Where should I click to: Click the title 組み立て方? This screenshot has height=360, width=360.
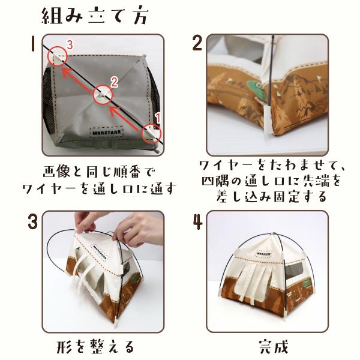(94, 17)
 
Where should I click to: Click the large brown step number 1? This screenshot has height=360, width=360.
(33, 44)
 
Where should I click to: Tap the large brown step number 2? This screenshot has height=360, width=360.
(197, 43)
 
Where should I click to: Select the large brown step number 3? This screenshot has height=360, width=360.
(32, 221)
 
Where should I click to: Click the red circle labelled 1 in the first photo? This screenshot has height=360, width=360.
(151, 133)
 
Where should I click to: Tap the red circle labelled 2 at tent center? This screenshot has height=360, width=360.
(103, 95)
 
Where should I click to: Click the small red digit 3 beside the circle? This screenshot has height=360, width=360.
(70, 45)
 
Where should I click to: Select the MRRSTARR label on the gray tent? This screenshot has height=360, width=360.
(107, 132)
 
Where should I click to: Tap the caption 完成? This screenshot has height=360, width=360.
(273, 347)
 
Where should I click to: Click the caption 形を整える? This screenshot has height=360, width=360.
(95, 346)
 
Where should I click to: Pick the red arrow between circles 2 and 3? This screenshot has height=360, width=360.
(79, 80)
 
